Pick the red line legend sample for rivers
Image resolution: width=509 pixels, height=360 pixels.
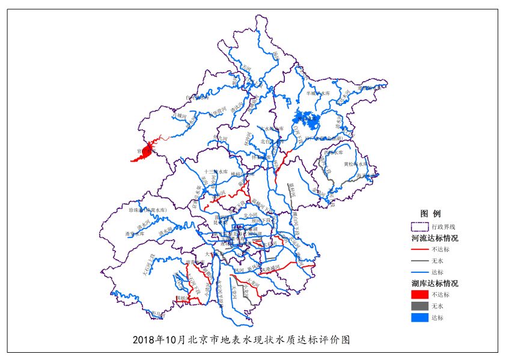coord(419,249)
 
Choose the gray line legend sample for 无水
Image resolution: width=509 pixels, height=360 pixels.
coord(419,261)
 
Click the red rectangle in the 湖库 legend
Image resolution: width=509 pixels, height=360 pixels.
coord(419,294)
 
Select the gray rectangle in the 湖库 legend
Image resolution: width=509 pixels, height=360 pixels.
coord(419,306)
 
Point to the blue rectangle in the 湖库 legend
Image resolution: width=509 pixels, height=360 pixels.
coord(419,317)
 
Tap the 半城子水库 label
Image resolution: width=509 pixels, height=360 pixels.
coord(319,93)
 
